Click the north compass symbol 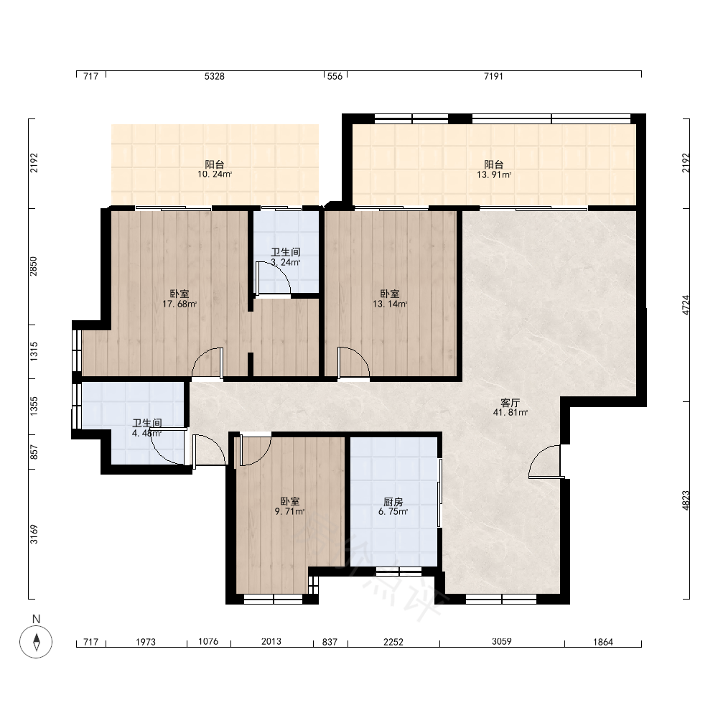pos(36,640)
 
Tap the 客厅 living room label pos(510,403)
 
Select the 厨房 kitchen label pos(393,502)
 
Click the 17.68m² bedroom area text pos(179,304)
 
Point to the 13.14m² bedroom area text pos(390,304)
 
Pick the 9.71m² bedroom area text pos(289,511)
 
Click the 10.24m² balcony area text pos(214,174)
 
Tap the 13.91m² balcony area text pos(494,174)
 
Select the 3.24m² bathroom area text pos(285,262)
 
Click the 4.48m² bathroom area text pos(146,433)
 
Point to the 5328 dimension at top pos(214,77)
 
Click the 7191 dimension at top pos(494,77)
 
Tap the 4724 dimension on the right pos(686,305)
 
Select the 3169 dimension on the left pos(34,534)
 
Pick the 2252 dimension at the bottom pos(393,642)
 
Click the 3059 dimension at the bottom pos(501,641)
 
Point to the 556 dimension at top pos(335,77)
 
